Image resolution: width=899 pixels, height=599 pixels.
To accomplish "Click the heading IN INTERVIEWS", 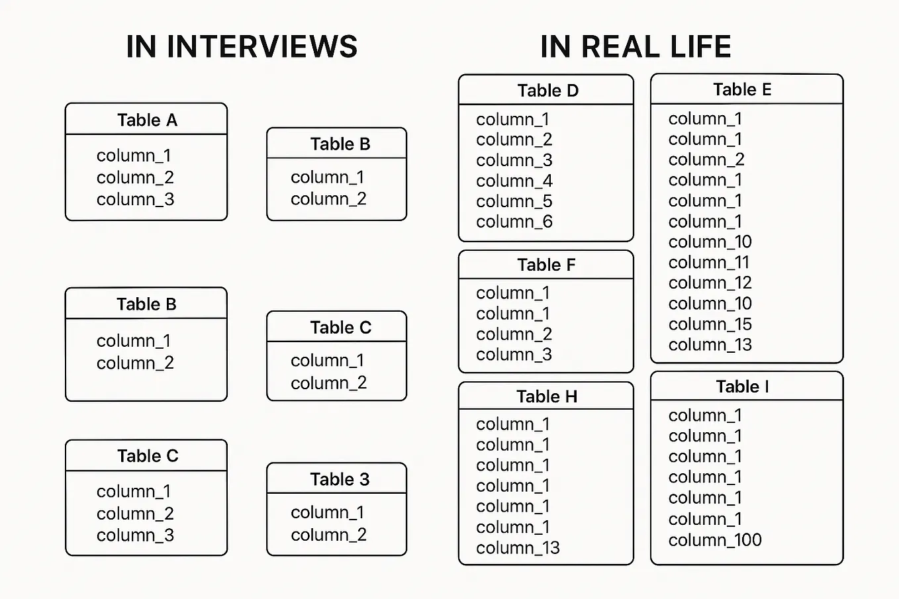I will (242, 47).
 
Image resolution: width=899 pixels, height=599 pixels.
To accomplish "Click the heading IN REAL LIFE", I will (636, 47).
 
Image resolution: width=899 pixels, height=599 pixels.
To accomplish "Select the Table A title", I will (147, 120).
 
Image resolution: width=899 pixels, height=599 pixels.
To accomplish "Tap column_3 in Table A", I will (135, 199).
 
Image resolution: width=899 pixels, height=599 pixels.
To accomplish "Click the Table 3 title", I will (340, 479).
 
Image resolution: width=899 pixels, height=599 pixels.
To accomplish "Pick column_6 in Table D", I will (514, 222).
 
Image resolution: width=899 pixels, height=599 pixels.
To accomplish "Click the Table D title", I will (547, 91).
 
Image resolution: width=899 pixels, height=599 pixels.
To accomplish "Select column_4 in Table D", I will (514, 181).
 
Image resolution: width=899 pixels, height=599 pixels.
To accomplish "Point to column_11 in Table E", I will (708, 262).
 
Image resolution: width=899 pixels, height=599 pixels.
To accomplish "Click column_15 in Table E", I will (710, 324).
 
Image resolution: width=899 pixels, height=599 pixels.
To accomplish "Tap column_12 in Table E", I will (710, 283).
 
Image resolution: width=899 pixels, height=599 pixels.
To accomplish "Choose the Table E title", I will (742, 89).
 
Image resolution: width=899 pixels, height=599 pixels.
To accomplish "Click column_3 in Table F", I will (514, 355).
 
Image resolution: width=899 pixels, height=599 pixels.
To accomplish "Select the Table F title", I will (546, 265).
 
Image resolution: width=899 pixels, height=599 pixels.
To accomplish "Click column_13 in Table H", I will (518, 548).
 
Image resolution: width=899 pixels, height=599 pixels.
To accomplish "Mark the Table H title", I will (547, 396).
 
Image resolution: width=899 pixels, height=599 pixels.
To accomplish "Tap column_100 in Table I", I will (715, 540).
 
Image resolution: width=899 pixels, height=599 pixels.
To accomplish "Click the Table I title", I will (742, 387).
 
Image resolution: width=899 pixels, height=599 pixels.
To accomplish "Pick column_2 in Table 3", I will (328, 535).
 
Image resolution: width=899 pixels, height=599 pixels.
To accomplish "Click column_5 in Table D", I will (514, 201).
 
